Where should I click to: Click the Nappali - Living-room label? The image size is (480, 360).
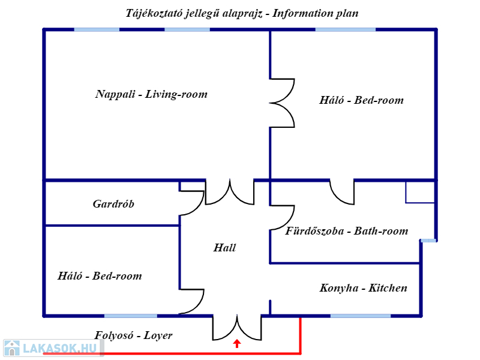click(x=151, y=94)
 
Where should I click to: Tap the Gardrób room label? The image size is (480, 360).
click(x=113, y=204)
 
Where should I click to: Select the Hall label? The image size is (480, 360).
click(x=224, y=248)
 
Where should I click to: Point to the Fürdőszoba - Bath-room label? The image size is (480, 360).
click(x=347, y=231)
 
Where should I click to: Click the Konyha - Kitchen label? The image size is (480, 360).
click(x=363, y=288)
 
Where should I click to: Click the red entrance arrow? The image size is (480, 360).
click(x=237, y=344)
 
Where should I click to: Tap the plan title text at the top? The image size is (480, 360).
click(x=242, y=13)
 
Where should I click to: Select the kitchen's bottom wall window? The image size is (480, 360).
click(x=360, y=316)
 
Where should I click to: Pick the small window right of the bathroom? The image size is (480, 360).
click(x=428, y=241)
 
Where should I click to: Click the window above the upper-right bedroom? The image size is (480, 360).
click(x=345, y=29)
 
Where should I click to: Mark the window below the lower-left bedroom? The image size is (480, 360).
click(x=130, y=316)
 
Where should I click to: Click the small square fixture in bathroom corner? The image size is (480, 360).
click(x=420, y=192)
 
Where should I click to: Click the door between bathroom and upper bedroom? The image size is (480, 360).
click(x=342, y=192)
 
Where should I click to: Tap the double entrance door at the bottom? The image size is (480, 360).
click(x=237, y=328)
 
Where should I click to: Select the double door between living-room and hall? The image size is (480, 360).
click(x=230, y=193)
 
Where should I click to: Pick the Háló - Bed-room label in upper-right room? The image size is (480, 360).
click(x=361, y=100)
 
